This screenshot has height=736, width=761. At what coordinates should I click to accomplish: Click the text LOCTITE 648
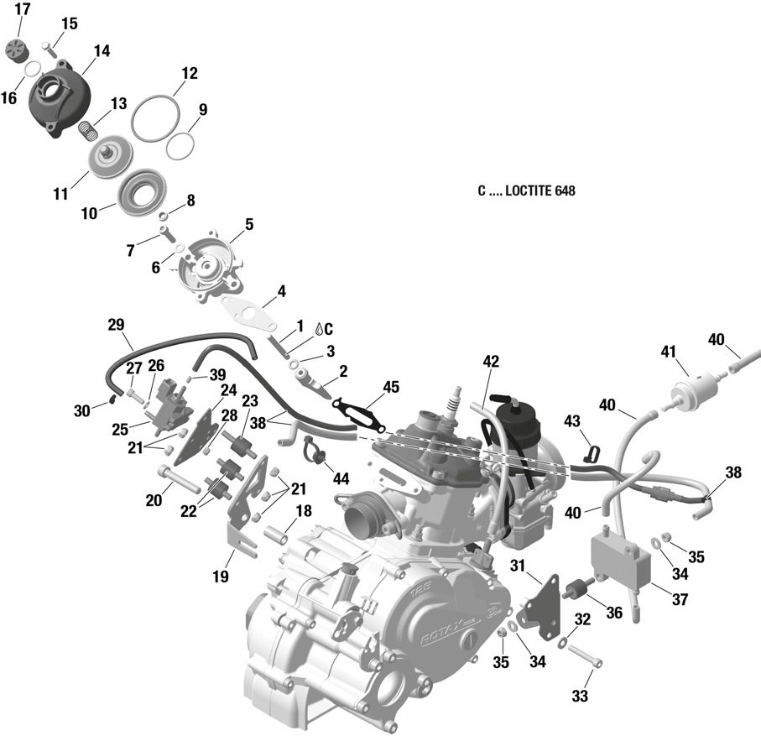[x=540, y=191]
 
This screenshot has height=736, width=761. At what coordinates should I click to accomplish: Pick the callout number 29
[x=116, y=324]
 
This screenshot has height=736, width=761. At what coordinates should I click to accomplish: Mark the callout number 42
[x=491, y=362]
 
